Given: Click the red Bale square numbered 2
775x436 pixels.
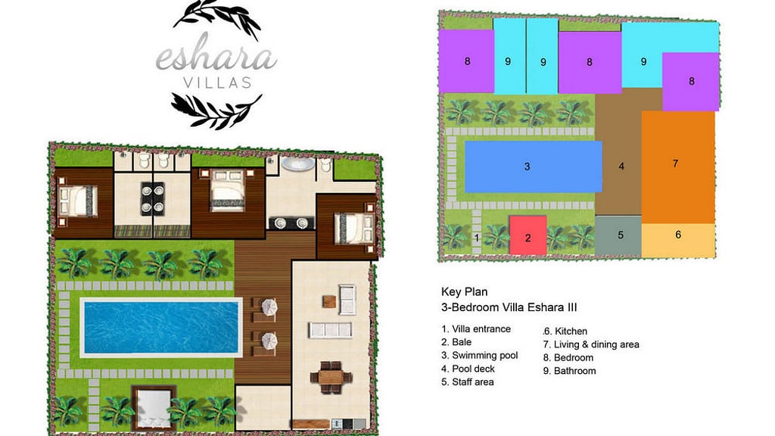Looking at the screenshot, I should click(x=528, y=235).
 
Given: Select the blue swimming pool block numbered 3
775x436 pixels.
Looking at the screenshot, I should click(x=533, y=166).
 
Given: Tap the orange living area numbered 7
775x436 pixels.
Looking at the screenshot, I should click(x=678, y=167).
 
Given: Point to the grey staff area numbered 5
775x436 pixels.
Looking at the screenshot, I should click(x=619, y=236).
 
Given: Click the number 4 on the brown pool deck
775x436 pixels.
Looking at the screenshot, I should click(x=621, y=166).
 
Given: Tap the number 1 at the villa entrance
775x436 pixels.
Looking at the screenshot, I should click(x=477, y=238).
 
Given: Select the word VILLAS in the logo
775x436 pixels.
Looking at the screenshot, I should click(x=216, y=83).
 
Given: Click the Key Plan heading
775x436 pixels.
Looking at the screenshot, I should click(x=464, y=291).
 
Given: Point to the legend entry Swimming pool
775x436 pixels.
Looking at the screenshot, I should click(x=484, y=356).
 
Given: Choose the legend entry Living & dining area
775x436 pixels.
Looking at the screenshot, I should click(x=596, y=344).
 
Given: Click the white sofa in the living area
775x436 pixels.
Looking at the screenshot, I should click(x=329, y=329).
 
